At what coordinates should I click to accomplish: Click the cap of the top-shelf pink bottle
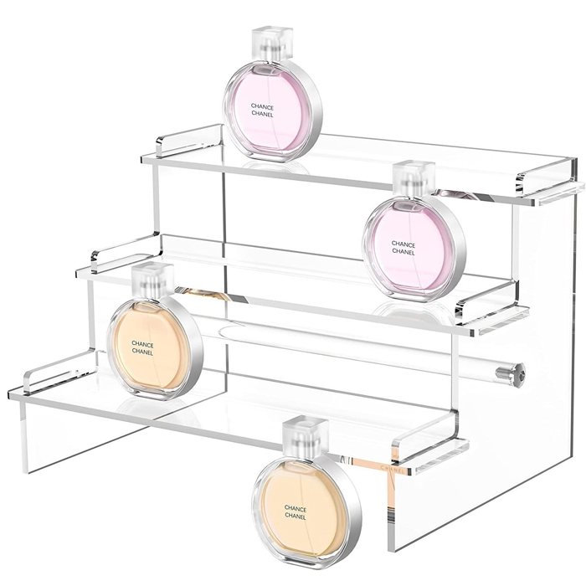[x=271, y=44]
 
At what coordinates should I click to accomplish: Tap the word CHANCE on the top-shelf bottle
[x=262, y=107]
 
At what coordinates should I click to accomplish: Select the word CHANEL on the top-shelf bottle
[x=262, y=114]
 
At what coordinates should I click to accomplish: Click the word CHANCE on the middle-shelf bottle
[x=404, y=244]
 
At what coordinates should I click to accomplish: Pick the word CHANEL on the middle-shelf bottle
[x=404, y=252]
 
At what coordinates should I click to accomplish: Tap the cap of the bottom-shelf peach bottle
[x=153, y=279]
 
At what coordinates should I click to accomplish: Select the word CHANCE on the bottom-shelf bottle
[x=142, y=344]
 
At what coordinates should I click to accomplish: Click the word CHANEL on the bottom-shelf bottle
[x=142, y=352]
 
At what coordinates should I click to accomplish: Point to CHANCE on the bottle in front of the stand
[x=296, y=509]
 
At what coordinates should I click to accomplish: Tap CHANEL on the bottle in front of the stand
[x=296, y=517]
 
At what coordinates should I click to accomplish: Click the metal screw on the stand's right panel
[x=511, y=373]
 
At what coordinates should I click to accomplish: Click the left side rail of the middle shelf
[x=126, y=252]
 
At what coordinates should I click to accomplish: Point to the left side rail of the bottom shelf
[x=58, y=370]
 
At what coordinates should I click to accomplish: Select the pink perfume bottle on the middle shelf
[x=414, y=232]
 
